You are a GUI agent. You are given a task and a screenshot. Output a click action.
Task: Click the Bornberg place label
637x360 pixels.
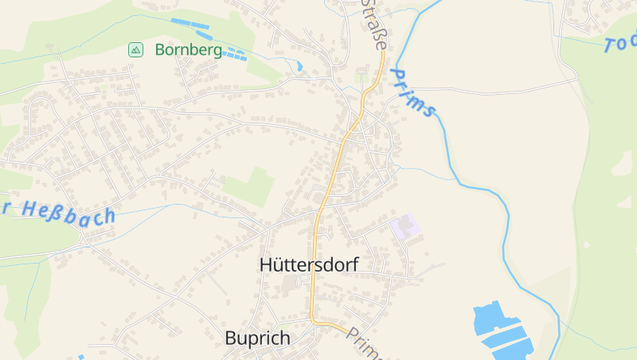[x=188, y=50]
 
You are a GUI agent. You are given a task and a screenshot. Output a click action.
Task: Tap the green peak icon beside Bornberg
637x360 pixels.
[x=136, y=50]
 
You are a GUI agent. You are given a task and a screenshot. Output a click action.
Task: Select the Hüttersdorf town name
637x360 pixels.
[x=309, y=265]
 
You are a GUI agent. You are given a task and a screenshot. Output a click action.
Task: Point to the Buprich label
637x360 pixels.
[x=257, y=338]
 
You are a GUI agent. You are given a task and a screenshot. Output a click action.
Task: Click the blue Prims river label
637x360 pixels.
[x=412, y=93]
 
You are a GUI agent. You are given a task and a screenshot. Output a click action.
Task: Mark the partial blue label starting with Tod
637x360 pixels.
[x=621, y=42]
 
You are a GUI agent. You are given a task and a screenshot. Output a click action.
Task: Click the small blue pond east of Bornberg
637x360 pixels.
[x=300, y=66]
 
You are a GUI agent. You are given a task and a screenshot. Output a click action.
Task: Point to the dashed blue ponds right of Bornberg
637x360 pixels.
[x=233, y=54]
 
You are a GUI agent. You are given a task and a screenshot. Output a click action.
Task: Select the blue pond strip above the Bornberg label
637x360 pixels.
[x=190, y=24]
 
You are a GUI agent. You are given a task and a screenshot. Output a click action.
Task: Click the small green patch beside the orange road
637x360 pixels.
[x=365, y=79]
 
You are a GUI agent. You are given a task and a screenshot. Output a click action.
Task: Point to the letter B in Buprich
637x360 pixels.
[x=230, y=338]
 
